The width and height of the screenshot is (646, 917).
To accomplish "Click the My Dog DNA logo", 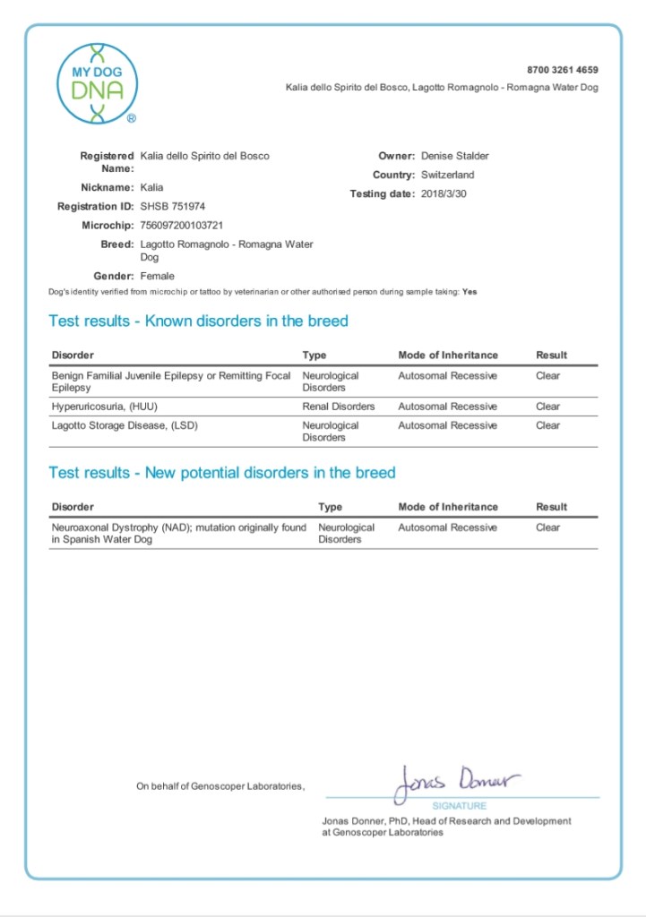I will tap(98, 83).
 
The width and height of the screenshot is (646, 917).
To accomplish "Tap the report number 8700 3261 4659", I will tap(563, 70).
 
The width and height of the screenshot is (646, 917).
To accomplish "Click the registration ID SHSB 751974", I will tap(173, 206).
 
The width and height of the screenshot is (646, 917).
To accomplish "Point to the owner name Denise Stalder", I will tap(455, 156).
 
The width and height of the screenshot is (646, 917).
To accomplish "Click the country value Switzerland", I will tap(448, 175).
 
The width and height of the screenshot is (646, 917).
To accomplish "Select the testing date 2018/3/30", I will tap(445, 193).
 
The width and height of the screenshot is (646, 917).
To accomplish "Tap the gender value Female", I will tap(158, 276).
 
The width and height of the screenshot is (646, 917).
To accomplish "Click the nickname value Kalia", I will tap(152, 187).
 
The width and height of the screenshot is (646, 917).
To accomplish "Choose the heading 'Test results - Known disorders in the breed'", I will tap(198, 321).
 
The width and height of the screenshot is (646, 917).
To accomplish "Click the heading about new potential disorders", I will tap(221, 472).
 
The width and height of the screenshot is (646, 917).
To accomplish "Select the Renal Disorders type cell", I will tap(339, 407).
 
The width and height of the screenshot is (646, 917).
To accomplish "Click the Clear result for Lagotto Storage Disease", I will tap(547, 425).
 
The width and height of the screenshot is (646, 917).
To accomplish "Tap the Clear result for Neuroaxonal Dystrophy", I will tap(547, 527).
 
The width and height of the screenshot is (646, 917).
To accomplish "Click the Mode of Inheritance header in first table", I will tap(447, 356).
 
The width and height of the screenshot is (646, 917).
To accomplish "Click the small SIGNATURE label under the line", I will tap(460, 806).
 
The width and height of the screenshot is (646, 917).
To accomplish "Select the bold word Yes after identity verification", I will tap(470, 292).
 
